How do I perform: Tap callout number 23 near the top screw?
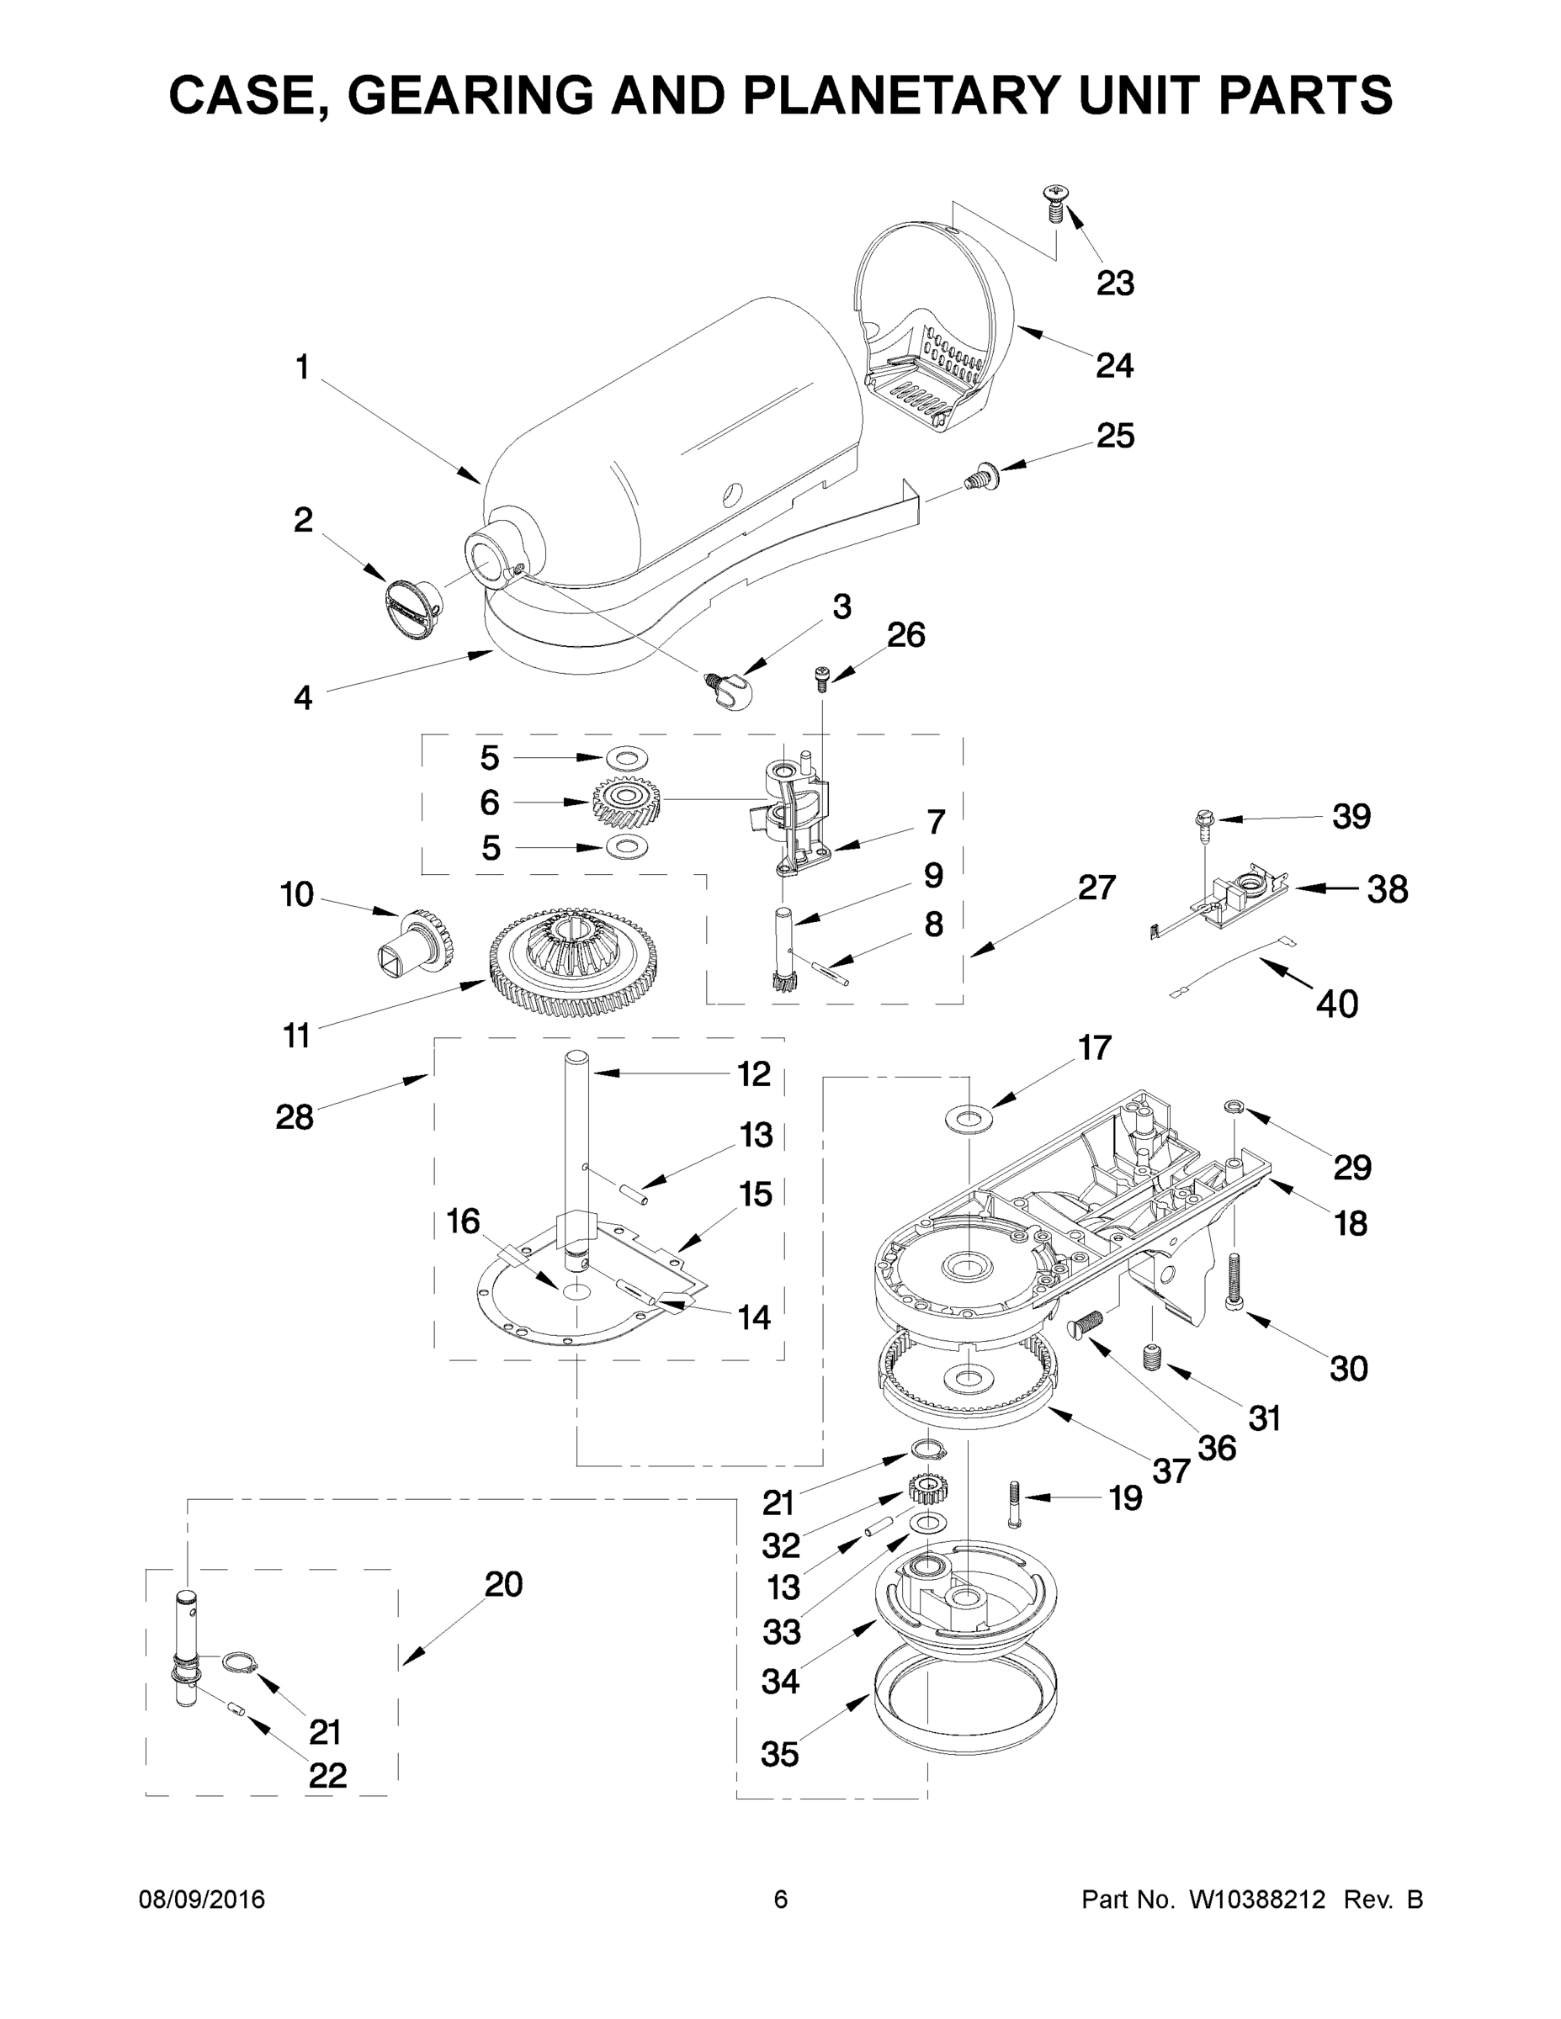(x=1114, y=283)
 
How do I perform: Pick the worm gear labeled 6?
(x=626, y=801)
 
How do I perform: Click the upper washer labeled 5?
(x=627, y=759)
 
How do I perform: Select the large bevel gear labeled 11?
(x=573, y=962)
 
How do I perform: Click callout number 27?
(x=1096, y=888)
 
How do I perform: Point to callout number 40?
(x=1336, y=1003)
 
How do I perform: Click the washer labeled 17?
(x=967, y=1120)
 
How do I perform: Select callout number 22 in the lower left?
(x=327, y=1775)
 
